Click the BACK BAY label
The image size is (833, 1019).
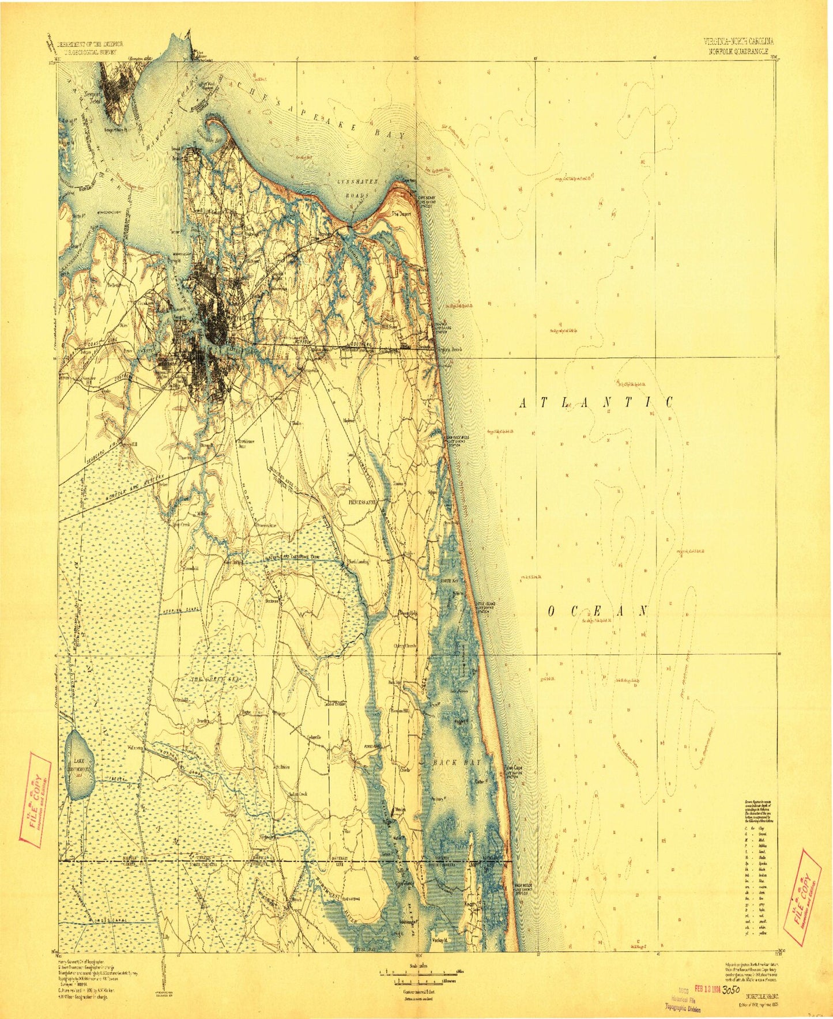pos(453,763)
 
